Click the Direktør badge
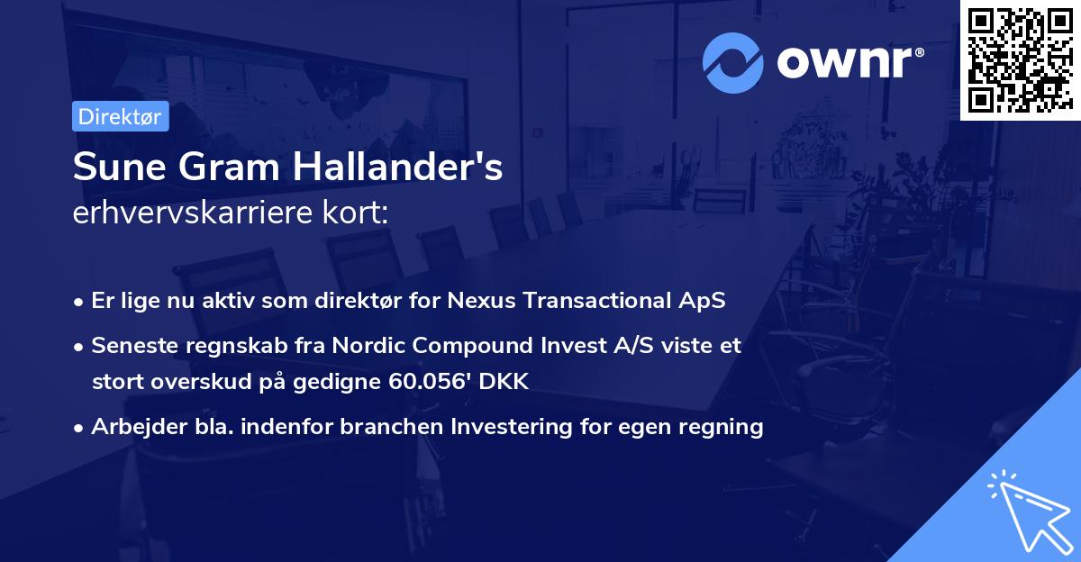click(x=121, y=116)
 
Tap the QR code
click(x=1020, y=59)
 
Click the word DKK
click(x=506, y=381)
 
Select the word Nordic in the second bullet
click(x=363, y=345)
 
